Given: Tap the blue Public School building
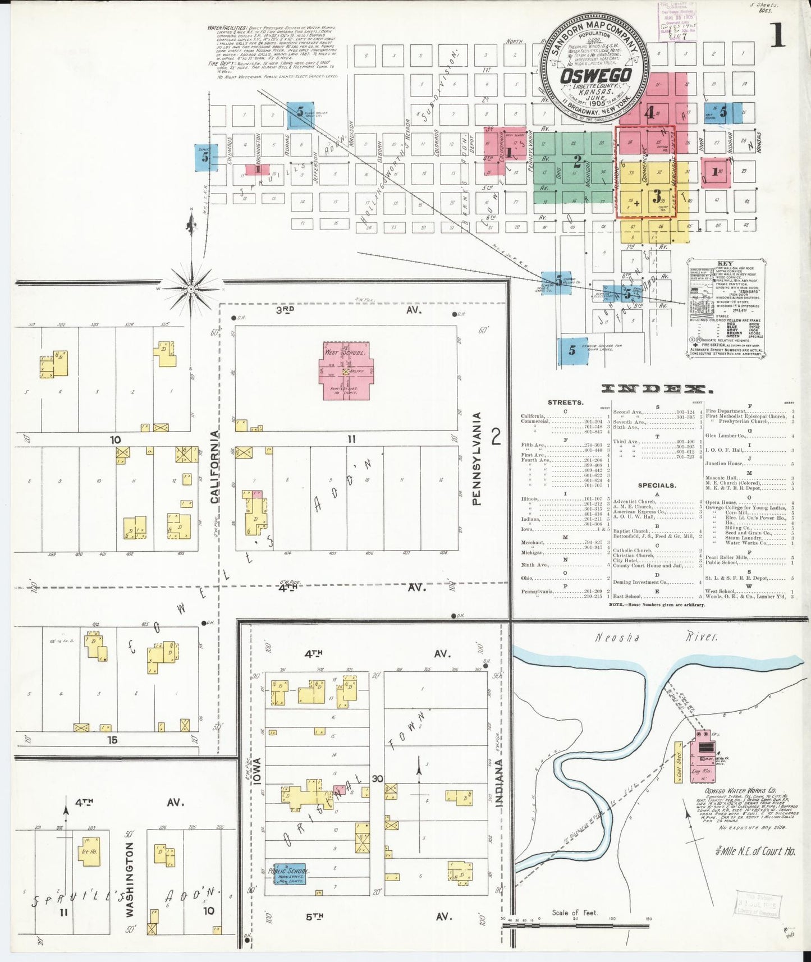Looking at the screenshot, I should coord(290,874).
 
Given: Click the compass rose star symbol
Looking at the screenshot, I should coord(191,288).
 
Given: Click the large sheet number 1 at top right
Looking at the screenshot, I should coord(778,36).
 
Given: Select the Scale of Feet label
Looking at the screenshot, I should coord(575,913).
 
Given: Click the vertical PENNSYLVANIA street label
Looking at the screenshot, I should coord(476,459).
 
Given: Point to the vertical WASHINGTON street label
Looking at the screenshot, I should coord(130,879).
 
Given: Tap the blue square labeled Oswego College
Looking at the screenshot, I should coord(572,350).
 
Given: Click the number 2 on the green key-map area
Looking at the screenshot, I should coord(577,162).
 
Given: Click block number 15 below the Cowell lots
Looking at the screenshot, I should coord(112,740).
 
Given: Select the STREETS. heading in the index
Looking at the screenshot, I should coord(565,402).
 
